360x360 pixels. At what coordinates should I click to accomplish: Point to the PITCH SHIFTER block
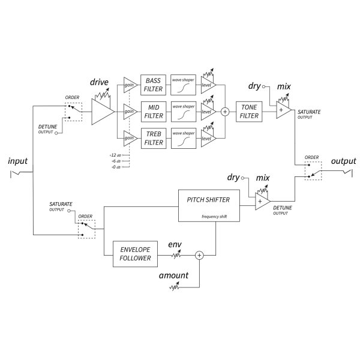[x=208, y=204]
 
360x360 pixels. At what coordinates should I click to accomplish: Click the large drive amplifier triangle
[x=102, y=112]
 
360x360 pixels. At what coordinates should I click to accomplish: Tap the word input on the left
[x=18, y=162]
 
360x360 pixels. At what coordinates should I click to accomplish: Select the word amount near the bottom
[x=173, y=275]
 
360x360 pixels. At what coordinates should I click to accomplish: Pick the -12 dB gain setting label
[x=115, y=155]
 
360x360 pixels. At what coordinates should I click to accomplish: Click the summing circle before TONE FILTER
[x=226, y=112]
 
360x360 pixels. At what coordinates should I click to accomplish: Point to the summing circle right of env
[x=200, y=255]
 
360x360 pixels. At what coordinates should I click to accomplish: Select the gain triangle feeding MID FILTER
[x=129, y=112]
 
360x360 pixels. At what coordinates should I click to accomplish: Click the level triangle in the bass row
[x=207, y=85]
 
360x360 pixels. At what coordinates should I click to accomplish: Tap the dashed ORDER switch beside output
[x=313, y=172]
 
